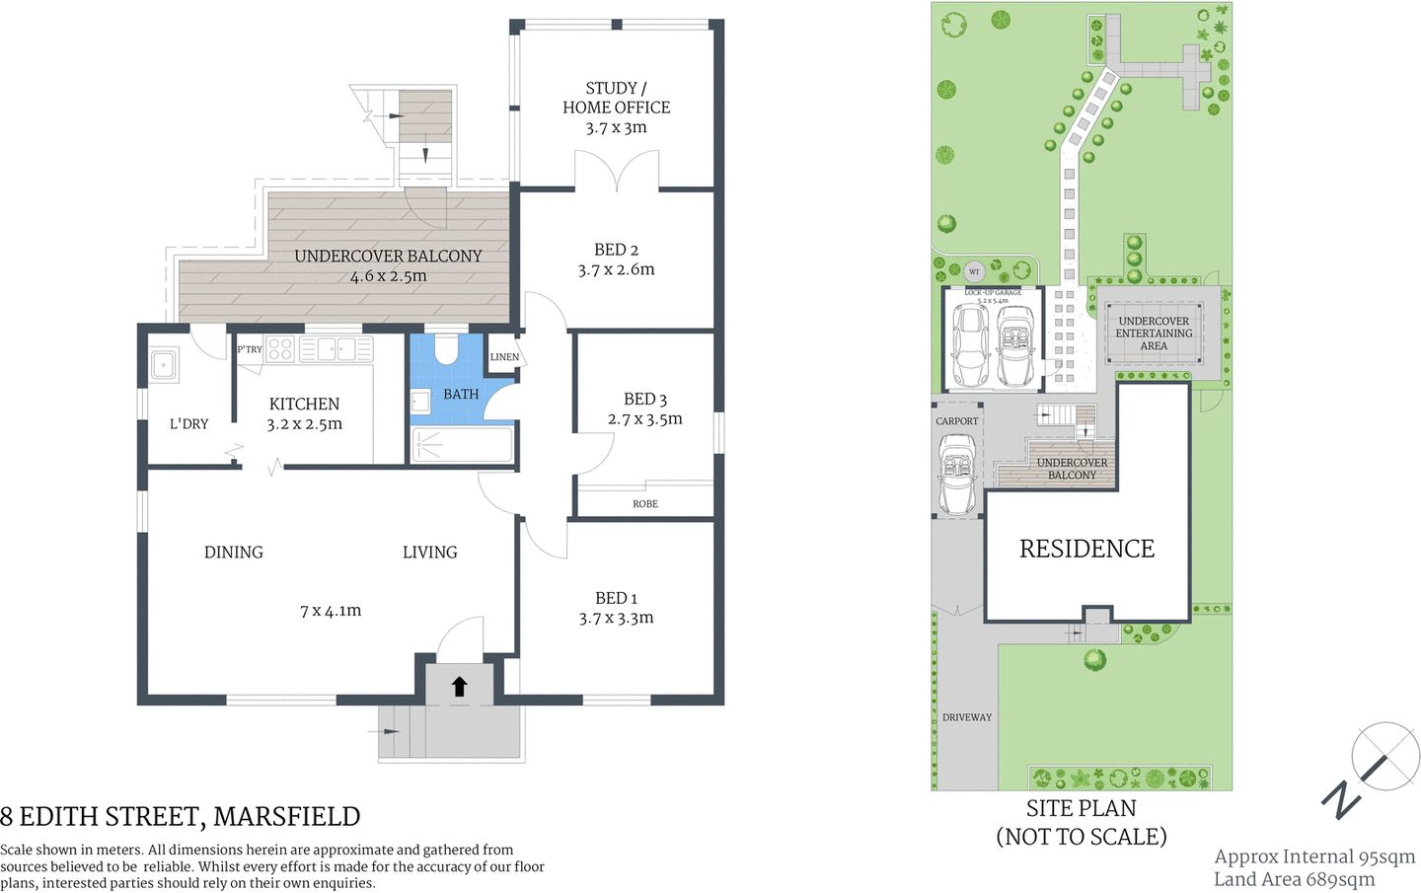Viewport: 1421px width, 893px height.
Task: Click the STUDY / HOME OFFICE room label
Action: tap(616, 98)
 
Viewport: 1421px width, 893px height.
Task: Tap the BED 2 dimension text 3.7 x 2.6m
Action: tap(616, 269)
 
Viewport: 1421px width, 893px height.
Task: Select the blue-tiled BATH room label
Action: tap(461, 394)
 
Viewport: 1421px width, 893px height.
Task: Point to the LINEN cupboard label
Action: tap(504, 357)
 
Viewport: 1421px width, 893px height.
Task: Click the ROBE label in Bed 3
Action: tap(645, 504)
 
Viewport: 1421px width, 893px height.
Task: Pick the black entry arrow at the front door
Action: tap(459, 686)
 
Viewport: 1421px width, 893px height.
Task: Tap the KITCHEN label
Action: tap(304, 404)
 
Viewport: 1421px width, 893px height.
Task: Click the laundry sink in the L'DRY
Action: tap(163, 364)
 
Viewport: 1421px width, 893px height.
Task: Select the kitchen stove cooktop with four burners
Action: tap(280, 348)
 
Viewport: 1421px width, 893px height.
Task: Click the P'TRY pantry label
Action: tap(250, 349)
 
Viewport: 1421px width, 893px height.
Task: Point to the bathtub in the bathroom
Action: tap(462, 446)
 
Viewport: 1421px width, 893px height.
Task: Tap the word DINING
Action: tap(234, 553)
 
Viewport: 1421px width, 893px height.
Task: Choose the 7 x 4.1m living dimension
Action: tap(331, 611)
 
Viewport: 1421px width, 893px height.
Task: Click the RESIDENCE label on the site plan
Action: tap(1086, 549)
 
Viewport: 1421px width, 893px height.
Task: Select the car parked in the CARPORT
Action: tap(957, 476)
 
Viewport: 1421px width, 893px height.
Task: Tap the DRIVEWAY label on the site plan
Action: tap(967, 717)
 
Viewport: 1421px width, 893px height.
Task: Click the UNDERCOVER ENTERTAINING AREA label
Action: tap(1154, 334)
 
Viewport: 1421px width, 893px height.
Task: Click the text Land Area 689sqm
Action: tap(1294, 879)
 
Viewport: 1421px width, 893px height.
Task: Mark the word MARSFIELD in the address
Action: tap(286, 817)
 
